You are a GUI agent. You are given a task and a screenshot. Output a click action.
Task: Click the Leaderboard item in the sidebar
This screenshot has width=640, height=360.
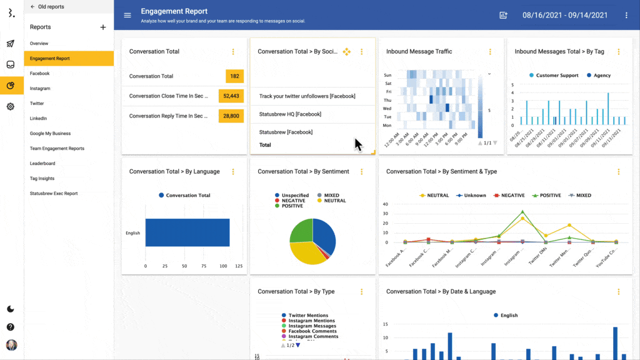(x=42, y=163)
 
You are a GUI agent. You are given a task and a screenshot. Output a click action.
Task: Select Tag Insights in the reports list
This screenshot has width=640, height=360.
(x=42, y=178)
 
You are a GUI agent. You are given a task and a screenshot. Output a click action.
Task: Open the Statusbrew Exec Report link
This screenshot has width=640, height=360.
(x=54, y=193)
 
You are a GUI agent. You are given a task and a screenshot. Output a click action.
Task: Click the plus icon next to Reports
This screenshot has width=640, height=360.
(x=103, y=27)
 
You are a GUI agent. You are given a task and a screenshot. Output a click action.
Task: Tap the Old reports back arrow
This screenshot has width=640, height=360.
(x=32, y=7)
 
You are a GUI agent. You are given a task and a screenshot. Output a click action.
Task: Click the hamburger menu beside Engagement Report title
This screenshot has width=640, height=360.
(x=127, y=15)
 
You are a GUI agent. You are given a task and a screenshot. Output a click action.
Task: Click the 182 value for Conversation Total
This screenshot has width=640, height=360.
(x=234, y=76)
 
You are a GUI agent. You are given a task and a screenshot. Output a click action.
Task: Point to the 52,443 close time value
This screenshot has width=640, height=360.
(x=231, y=96)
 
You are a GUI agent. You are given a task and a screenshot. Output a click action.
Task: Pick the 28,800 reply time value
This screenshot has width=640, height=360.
(x=231, y=116)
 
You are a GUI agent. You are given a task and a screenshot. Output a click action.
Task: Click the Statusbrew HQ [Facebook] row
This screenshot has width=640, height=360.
(x=290, y=114)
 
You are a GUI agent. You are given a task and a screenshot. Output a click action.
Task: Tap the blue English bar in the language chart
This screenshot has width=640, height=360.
(x=187, y=232)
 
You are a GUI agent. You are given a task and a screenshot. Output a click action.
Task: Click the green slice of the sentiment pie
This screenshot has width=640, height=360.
(x=301, y=230)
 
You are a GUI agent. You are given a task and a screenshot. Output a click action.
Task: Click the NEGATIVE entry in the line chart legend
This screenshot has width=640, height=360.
(x=511, y=196)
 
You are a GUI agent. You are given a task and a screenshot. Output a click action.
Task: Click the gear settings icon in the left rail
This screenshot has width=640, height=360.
(x=11, y=106)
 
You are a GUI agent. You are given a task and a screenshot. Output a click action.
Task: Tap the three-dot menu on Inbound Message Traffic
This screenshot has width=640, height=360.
(x=490, y=52)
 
